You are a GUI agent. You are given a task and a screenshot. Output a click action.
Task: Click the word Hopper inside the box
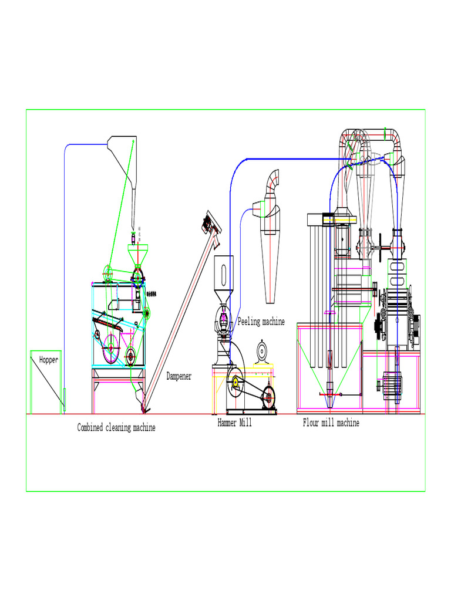point(49,360)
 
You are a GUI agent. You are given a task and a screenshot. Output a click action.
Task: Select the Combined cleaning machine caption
point(116,428)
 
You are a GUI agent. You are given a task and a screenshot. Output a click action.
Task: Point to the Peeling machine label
point(261,322)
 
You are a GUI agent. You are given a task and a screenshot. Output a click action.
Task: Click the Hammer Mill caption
point(234,423)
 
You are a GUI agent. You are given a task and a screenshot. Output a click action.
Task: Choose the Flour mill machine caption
point(331,423)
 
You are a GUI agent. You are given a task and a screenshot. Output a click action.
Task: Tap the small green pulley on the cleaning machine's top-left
point(107,272)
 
